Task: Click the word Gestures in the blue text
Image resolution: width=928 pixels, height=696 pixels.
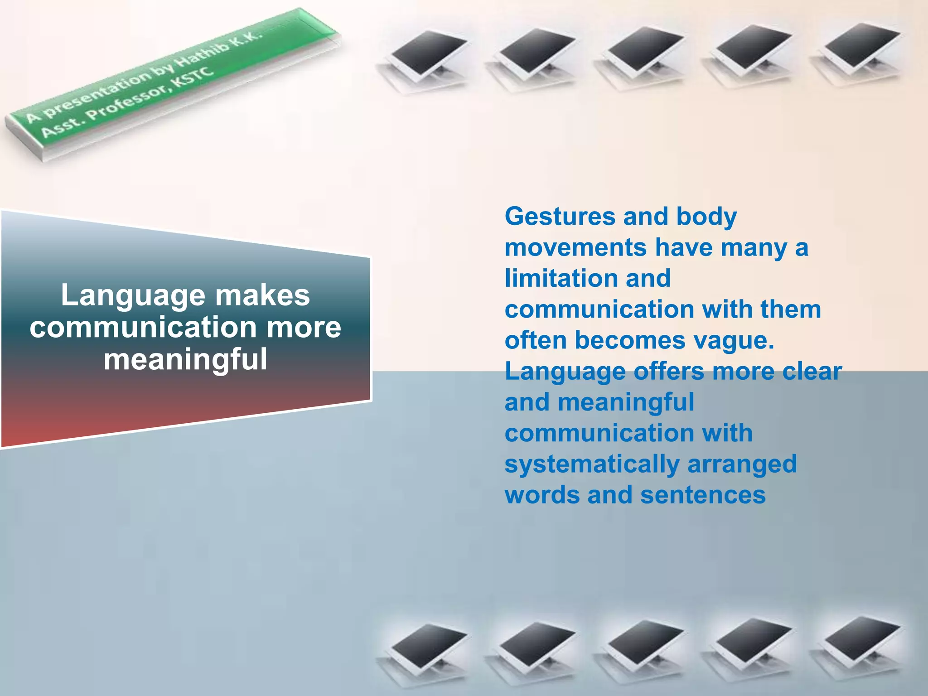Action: click(560, 217)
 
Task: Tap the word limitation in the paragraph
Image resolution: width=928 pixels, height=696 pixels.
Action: click(561, 278)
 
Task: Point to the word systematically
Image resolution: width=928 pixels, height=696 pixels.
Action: click(592, 464)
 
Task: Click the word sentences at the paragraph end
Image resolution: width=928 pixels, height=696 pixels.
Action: click(703, 495)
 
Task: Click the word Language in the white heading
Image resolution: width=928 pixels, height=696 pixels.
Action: click(133, 296)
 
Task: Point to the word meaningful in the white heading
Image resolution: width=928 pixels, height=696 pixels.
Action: click(185, 359)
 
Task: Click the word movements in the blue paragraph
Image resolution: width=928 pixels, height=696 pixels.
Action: click(575, 248)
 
